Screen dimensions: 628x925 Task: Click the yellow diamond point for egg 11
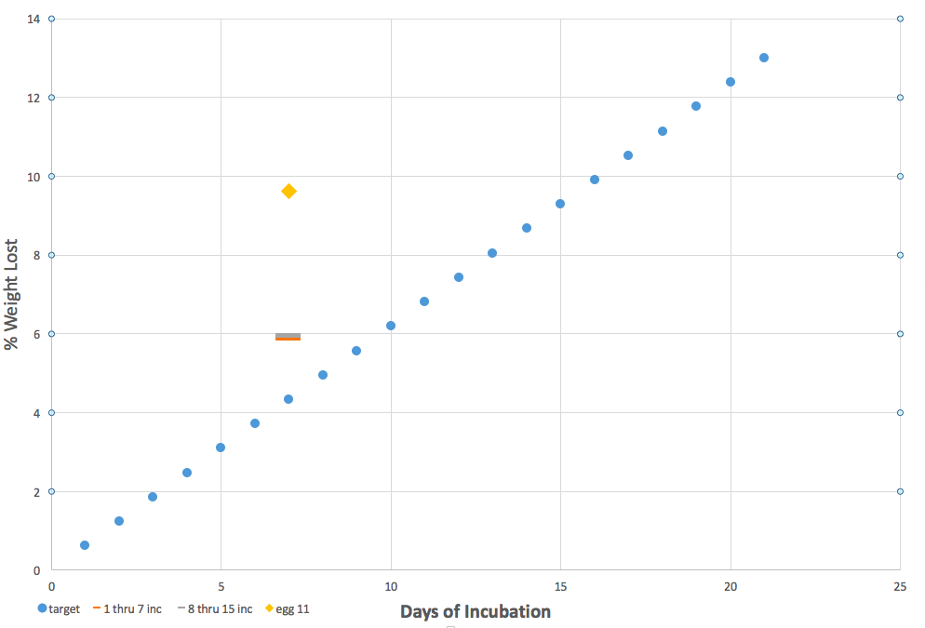pos(288,192)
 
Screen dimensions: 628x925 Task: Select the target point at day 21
pos(764,58)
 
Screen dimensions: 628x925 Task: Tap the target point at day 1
pos(85,545)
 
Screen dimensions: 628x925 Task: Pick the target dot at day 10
pos(391,326)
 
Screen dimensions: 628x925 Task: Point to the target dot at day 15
pos(560,204)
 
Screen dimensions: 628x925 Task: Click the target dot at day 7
pos(288,399)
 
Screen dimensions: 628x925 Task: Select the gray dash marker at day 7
pos(288,335)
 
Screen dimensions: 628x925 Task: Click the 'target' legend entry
pos(59,609)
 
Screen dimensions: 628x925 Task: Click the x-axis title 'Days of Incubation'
pos(476,611)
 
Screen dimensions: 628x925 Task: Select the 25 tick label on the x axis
pos(900,587)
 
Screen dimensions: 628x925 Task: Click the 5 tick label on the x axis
pos(221,587)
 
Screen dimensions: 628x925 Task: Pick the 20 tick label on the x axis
pos(731,587)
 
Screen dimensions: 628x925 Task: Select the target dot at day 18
pos(663,131)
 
